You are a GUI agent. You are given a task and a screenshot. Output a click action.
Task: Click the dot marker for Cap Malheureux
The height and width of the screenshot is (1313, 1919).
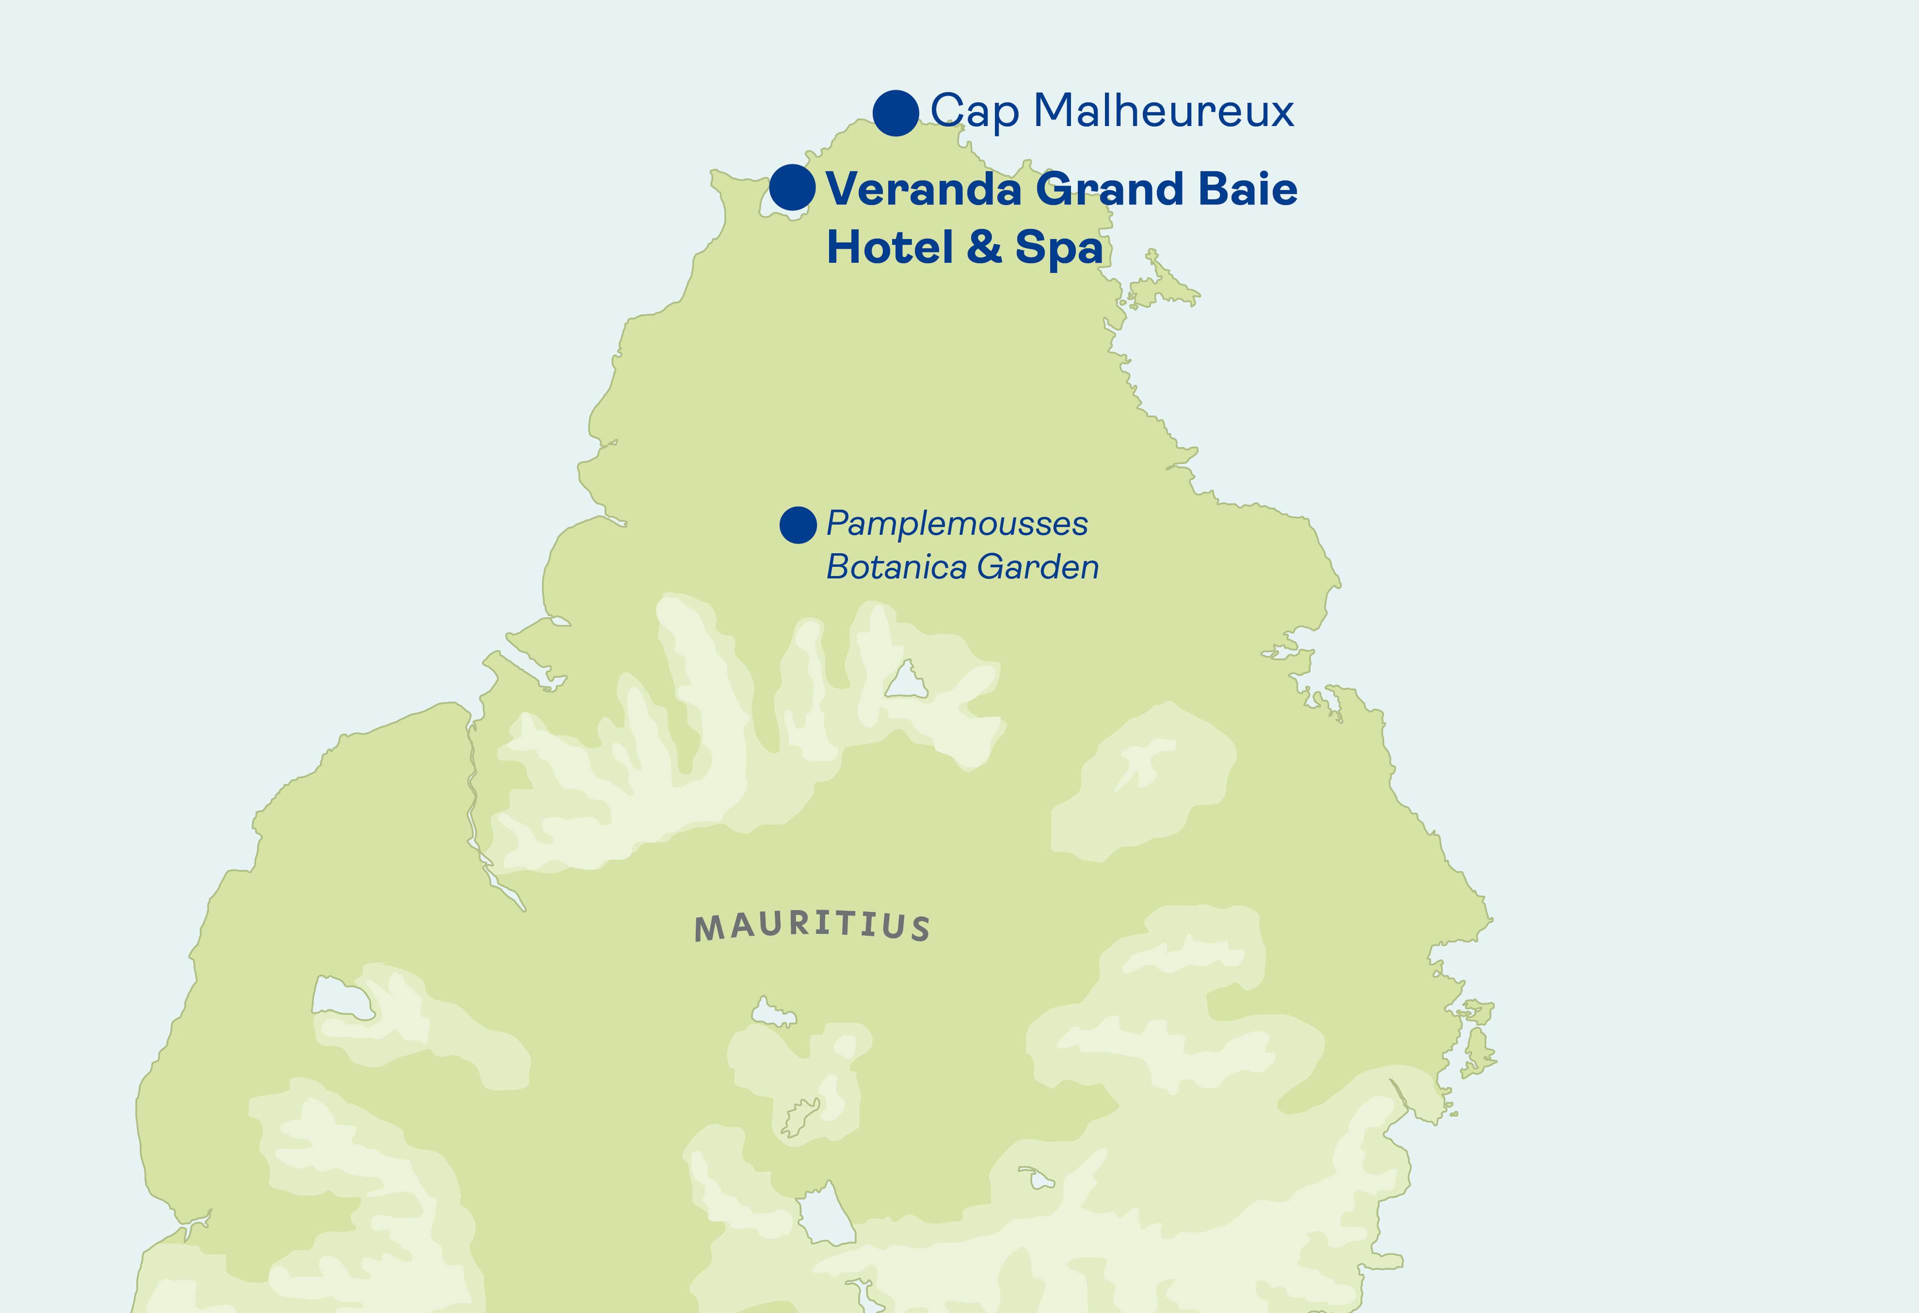896,113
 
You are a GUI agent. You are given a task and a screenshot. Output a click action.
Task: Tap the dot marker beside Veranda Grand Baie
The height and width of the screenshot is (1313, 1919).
792,187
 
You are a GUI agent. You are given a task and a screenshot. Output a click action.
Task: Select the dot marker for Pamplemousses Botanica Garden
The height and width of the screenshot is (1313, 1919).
798,525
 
